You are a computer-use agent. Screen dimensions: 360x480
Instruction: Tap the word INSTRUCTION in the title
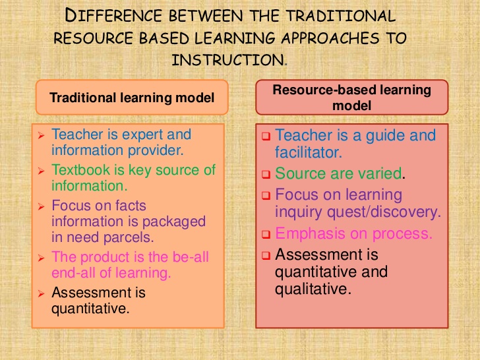click(x=228, y=59)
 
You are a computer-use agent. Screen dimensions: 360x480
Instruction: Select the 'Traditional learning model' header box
click(x=132, y=98)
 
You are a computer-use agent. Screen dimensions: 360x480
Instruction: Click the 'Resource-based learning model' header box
click(x=351, y=97)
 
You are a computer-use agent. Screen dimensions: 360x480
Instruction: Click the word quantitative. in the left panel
click(x=90, y=307)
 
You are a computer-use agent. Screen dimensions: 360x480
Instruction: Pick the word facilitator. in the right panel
click(x=308, y=153)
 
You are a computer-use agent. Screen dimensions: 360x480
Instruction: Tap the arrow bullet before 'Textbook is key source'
click(x=41, y=171)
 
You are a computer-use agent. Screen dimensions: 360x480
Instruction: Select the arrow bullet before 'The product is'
click(x=41, y=257)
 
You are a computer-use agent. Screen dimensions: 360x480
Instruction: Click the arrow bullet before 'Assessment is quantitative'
click(x=41, y=293)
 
